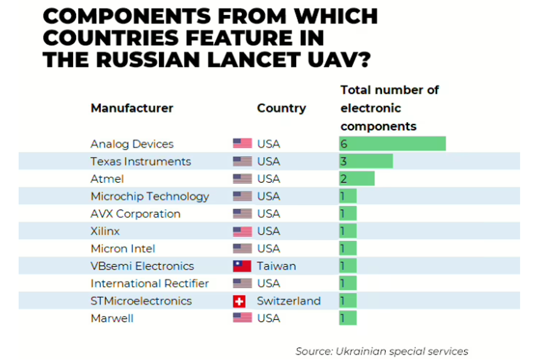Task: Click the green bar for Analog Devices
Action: (x=392, y=143)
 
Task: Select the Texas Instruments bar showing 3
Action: (x=366, y=161)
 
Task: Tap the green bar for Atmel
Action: (x=357, y=179)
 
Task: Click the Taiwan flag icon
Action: (x=242, y=266)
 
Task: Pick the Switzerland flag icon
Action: (x=239, y=301)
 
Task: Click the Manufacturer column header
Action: (x=131, y=108)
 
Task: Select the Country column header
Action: (x=281, y=108)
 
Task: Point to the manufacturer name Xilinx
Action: (x=105, y=231)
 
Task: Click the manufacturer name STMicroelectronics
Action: (x=141, y=301)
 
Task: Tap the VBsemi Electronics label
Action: (x=142, y=266)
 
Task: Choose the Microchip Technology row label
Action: (x=150, y=197)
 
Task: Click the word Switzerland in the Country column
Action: (x=289, y=301)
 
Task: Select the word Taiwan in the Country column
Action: (x=277, y=266)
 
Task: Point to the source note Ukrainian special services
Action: (x=381, y=351)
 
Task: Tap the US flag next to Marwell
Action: (x=242, y=318)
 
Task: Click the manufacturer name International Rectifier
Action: (x=150, y=283)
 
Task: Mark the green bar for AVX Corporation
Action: (x=348, y=214)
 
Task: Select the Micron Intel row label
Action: (x=123, y=249)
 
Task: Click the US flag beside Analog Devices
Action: (x=242, y=143)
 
